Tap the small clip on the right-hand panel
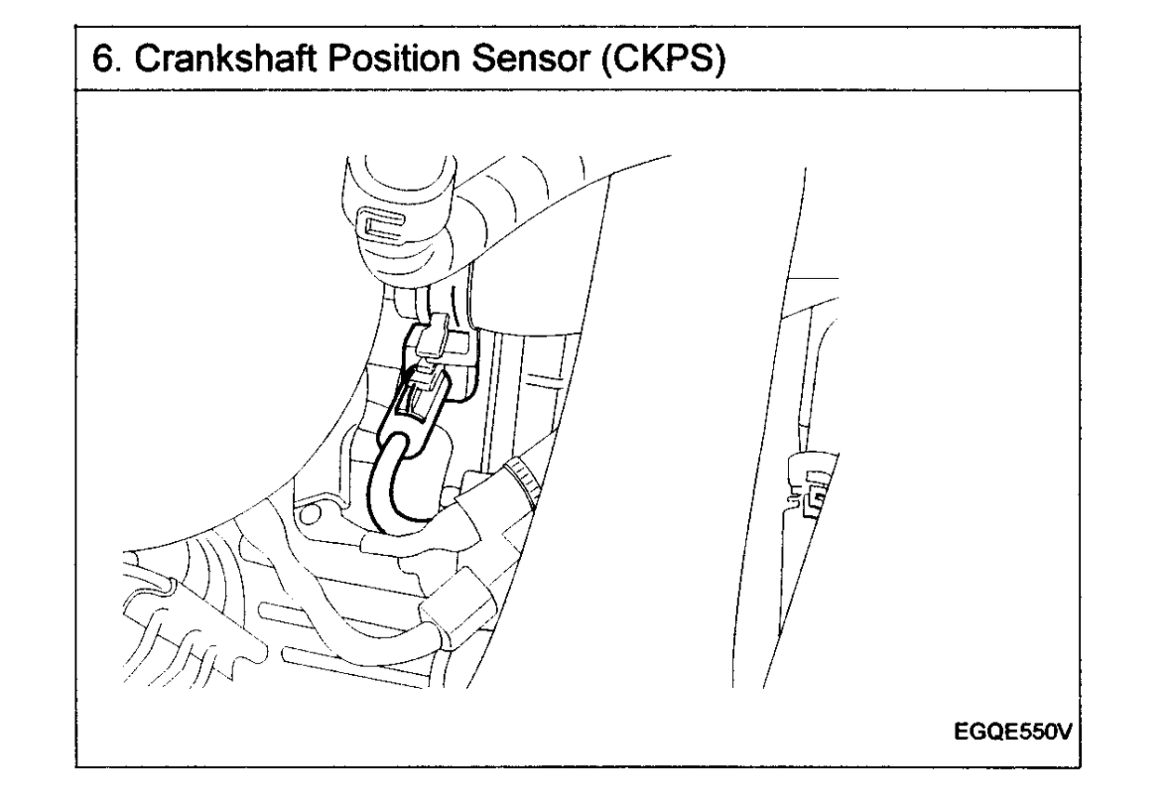(811, 496)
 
